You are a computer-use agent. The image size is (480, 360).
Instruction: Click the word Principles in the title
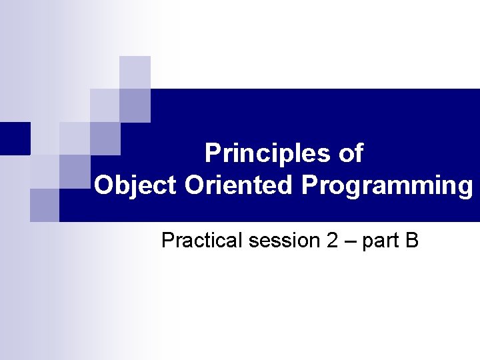[x=259, y=153]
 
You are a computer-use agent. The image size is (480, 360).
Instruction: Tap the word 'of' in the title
[x=351, y=153]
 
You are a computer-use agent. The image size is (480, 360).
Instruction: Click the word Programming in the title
[x=387, y=185]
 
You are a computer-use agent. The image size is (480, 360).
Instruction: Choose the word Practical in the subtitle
[x=202, y=241]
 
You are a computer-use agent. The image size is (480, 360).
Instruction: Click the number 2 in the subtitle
[x=333, y=241]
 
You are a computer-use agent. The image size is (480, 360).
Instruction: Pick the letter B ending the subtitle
[x=411, y=241]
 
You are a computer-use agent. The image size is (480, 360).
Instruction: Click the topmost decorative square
[x=135, y=71]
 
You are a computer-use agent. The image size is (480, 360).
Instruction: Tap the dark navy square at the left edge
[x=15, y=138]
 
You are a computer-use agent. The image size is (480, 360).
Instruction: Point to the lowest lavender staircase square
[x=45, y=205]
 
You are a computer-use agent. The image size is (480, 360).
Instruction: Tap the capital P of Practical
[x=168, y=241]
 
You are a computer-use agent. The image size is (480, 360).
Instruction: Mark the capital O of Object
[x=103, y=185]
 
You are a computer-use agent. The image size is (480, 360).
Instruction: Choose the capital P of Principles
[x=213, y=153]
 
